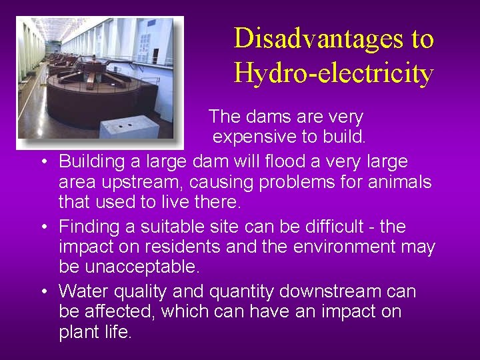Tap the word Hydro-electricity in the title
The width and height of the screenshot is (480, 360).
pyautogui.click(x=333, y=73)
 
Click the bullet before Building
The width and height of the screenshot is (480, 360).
pyautogui.click(x=43, y=162)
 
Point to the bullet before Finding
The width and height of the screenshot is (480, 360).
pyautogui.click(x=43, y=227)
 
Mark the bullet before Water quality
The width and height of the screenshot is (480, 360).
pyautogui.click(x=43, y=292)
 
